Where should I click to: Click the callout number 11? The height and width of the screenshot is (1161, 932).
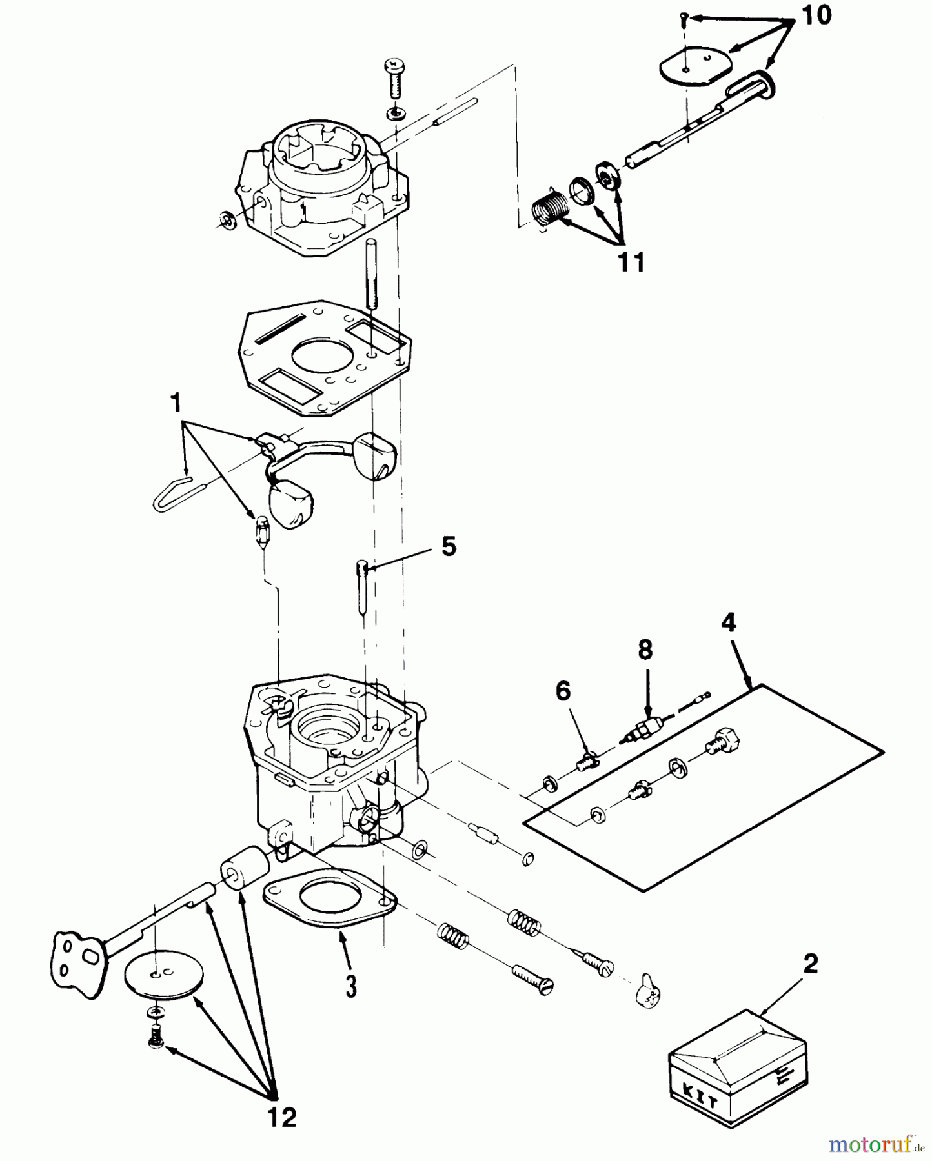point(631,263)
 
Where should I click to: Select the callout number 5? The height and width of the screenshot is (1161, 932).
point(448,546)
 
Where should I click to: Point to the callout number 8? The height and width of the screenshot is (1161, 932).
point(645,650)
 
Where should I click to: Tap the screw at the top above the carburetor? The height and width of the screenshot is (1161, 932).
point(394,78)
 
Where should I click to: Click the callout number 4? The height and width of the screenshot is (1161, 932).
point(728,623)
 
